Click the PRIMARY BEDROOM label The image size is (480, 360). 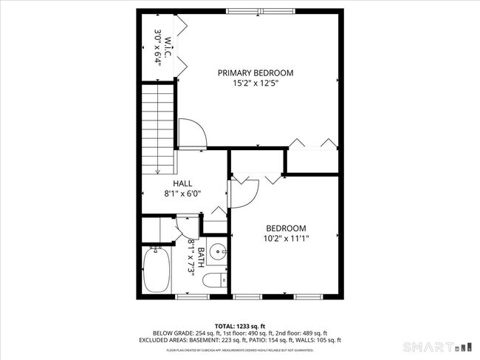[255, 72]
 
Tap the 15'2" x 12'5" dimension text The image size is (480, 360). [255, 84]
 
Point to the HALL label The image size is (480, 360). [182, 183]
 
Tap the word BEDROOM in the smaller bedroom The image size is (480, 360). [286, 228]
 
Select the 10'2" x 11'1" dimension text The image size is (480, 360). [286, 238]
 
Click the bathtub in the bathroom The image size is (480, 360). [157, 270]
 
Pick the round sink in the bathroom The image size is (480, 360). [216, 252]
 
